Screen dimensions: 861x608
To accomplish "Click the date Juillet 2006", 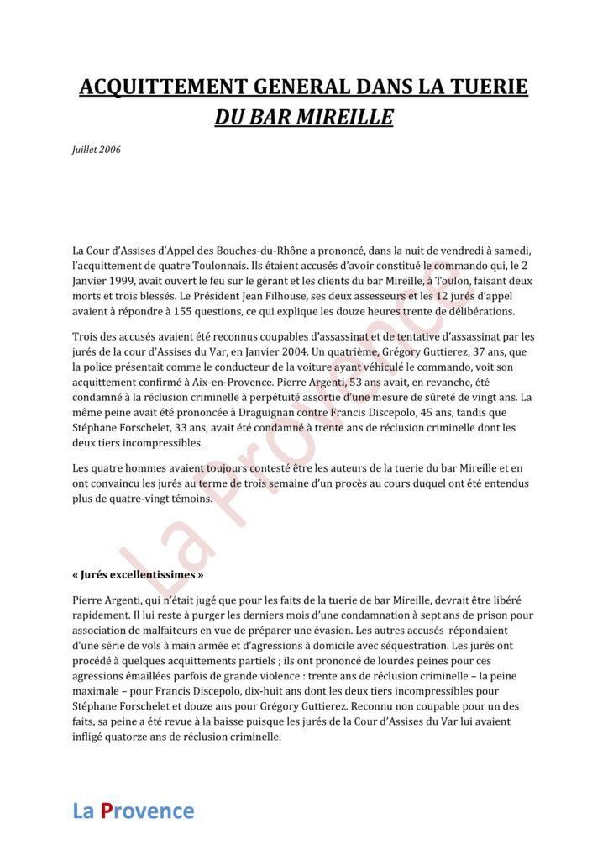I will [97, 149].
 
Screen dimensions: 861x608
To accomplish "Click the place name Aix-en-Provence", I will [202, 382].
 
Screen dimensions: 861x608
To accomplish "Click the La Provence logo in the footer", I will [134, 811].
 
